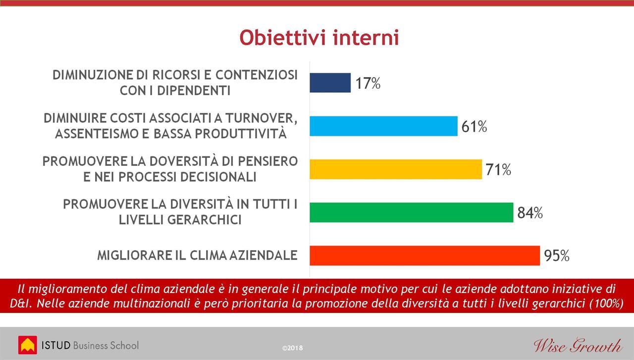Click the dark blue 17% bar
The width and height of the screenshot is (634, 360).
[x=330, y=83]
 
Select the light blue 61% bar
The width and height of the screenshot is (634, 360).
[x=383, y=126]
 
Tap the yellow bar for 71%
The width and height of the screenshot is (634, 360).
[x=396, y=169]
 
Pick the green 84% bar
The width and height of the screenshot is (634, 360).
[x=411, y=212]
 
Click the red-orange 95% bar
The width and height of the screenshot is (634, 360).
[x=424, y=256]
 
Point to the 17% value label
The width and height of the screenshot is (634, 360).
[x=368, y=83]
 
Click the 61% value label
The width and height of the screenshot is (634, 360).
[x=474, y=126]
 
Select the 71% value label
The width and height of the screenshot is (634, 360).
[x=498, y=169]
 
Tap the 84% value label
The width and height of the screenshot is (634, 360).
[x=530, y=213]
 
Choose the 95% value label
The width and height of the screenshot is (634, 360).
[x=556, y=256]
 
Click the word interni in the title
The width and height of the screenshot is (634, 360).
[x=366, y=37]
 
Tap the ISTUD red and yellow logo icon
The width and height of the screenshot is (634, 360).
[x=27, y=345]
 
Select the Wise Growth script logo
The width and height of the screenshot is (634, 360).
[x=578, y=346]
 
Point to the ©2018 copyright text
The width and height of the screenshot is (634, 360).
[x=292, y=348]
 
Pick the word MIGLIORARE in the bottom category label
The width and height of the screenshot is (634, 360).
[x=134, y=256]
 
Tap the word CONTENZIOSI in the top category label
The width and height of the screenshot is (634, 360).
[x=257, y=75]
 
